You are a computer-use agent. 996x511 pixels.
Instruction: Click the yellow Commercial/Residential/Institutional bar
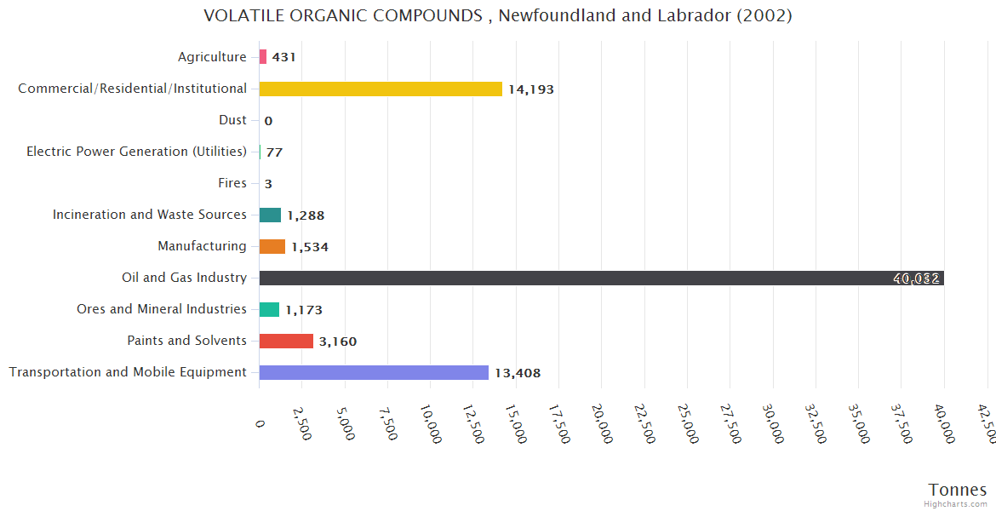pyautogui.click(x=381, y=89)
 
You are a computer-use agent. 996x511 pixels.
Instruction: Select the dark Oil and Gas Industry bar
pyautogui.click(x=601, y=278)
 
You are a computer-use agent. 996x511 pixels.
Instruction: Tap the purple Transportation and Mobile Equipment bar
pyautogui.click(x=374, y=372)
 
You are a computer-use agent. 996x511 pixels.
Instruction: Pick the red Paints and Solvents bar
pyautogui.click(x=286, y=341)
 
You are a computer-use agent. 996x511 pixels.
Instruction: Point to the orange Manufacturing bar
pyautogui.click(x=272, y=246)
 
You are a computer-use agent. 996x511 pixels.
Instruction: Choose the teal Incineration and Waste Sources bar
pyautogui.click(x=270, y=215)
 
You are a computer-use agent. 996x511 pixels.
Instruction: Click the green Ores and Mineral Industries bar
pyautogui.click(x=269, y=309)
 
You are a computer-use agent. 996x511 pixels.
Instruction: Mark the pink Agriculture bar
pyautogui.click(x=263, y=57)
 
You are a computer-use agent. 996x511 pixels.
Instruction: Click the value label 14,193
pyautogui.click(x=531, y=89)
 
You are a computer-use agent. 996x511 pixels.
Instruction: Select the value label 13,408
pyautogui.click(x=518, y=373)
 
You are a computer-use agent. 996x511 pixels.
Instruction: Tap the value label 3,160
pyautogui.click(x=338, y=342)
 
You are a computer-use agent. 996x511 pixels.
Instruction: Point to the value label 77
pyautogui.click(x=274, y=152)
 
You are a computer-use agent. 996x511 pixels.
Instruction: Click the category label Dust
pyautogui.click(x=232, y=120)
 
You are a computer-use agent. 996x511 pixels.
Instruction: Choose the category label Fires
pyautogui.click(x=232, y=183)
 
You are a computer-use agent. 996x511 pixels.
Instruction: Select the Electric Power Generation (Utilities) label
pyautogui.click(x=136, y=152)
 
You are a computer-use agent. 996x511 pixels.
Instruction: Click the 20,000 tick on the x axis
pyautogui.click(x=599, y=422)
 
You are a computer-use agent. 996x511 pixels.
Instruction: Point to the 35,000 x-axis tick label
pyautogui.click(x=856, y=422)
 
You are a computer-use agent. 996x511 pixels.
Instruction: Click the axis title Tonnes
pyautogui.click(x=958, y=490)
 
